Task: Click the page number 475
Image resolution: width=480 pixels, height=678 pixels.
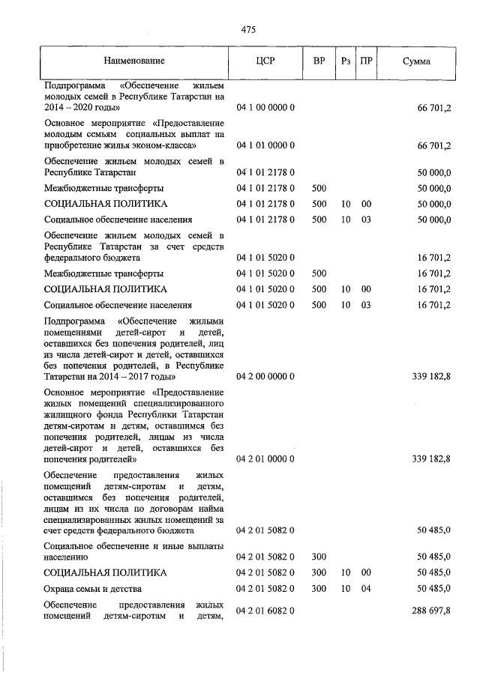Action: pos(249,29)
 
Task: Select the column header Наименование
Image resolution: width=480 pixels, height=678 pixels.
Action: pos(134,61)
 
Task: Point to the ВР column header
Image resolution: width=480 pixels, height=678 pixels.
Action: pos(319,61)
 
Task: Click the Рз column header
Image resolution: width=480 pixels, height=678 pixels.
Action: pos(345,61)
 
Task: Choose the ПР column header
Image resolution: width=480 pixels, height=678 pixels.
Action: pos(367,61)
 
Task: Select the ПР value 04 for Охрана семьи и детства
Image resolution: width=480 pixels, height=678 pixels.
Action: pos(367,589)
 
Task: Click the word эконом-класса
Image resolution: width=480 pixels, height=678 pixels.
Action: pos(166,145)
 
